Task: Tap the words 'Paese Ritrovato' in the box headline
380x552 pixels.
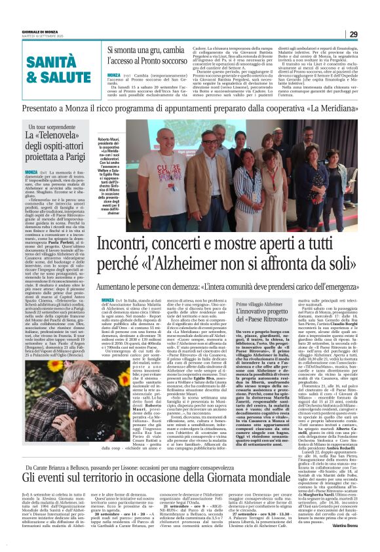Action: click(281, 326)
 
